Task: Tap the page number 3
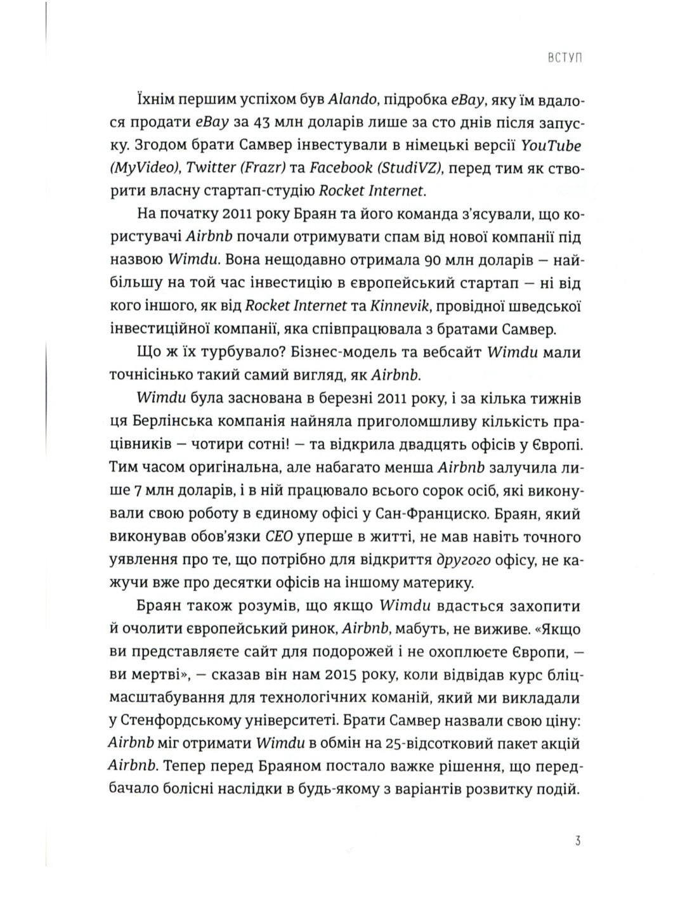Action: pyautogui.click(x=578, y=859)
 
